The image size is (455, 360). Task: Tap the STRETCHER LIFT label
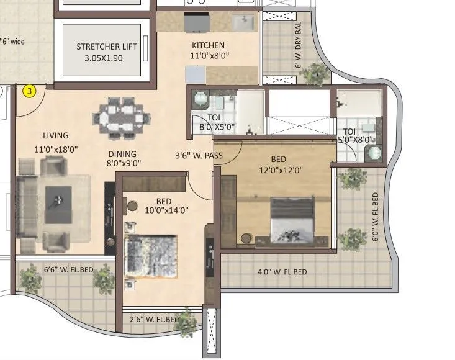[x=106, y=47]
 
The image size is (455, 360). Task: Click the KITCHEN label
[x=208, y=45]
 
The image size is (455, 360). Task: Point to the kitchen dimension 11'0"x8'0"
[x=210, y=56]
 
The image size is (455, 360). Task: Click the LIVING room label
[x=56, y=136]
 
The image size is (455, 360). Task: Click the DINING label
[x=122, y=154]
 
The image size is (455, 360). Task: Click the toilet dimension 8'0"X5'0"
[x=213, y=127]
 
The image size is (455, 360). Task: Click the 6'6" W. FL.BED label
[x=68, y=269]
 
